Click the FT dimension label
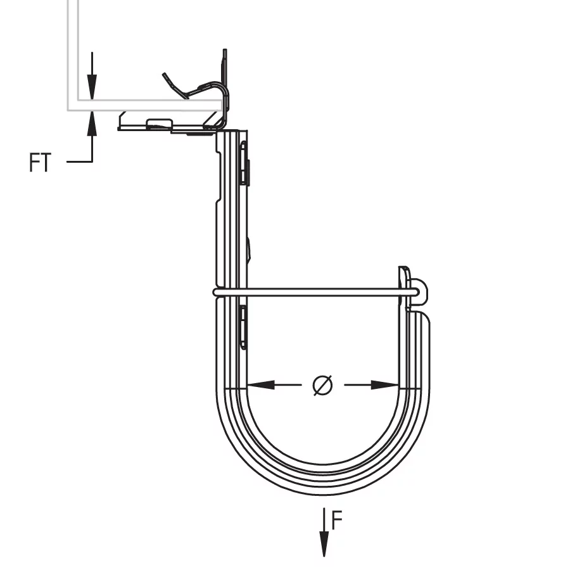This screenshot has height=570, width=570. pos(40,163)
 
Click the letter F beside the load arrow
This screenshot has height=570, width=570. pos(337,520)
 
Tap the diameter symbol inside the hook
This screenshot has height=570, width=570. pos(322,385)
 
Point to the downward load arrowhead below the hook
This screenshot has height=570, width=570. pos(324,543)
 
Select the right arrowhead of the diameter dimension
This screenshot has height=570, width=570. pos(384,384)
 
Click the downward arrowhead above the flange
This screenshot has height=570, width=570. pos(92,87)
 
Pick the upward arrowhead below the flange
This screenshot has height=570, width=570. pos(92,123)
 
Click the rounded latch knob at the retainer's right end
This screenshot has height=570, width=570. pos(419,292)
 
